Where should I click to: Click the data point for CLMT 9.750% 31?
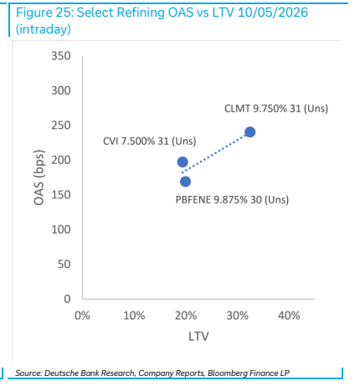(249, 132)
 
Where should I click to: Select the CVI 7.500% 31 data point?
(183, 162)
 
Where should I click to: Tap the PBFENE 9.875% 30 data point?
(185, 182)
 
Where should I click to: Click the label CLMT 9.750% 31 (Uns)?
(276, 109)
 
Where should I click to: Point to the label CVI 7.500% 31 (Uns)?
(150, 141)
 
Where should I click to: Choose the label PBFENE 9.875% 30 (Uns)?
(232, 200)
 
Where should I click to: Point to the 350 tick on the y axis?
(61, 56)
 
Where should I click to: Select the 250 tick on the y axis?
(61, 126)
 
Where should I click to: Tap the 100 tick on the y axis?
(61, 229)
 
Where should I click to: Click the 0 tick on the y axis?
(67, 299)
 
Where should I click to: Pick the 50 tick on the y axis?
(64, 264)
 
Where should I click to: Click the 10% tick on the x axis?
(134, 316)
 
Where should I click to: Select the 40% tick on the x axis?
(289, 316)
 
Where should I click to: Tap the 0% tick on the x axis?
(82, 316)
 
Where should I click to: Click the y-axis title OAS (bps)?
(39, 177)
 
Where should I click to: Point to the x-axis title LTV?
(198, 337)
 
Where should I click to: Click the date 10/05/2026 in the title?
(273, 13)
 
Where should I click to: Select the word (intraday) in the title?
(44, 29)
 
